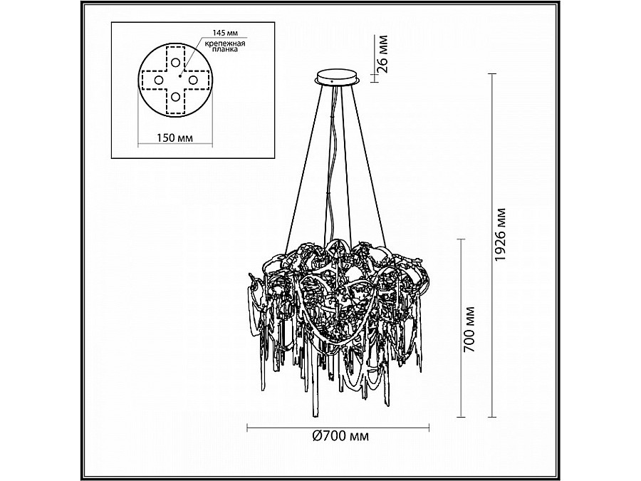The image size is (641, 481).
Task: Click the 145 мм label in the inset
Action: (225, 32)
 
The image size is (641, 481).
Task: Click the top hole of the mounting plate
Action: (175, 63)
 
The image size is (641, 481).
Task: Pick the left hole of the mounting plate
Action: (158, 80)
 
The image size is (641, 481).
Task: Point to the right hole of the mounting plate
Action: (193, 79)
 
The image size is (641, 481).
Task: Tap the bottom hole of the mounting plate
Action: (175, 97)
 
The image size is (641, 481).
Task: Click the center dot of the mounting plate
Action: (180, 76)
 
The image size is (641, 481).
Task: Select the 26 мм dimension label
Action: (382, 54)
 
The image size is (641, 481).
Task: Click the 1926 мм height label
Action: (501, 234)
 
